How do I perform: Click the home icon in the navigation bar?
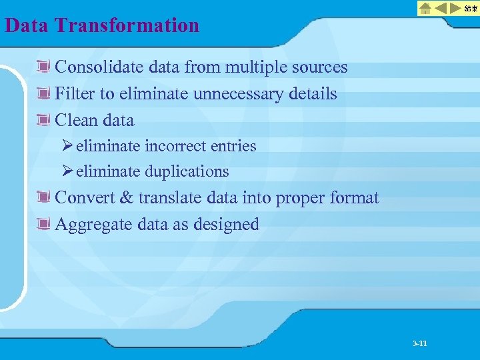[425, 8]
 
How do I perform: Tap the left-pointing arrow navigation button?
[441, 8]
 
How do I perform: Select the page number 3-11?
[419, 343]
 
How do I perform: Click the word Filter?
[75, 94]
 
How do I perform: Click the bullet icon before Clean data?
[45, 121]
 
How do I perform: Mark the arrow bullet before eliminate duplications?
[67, 171]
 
